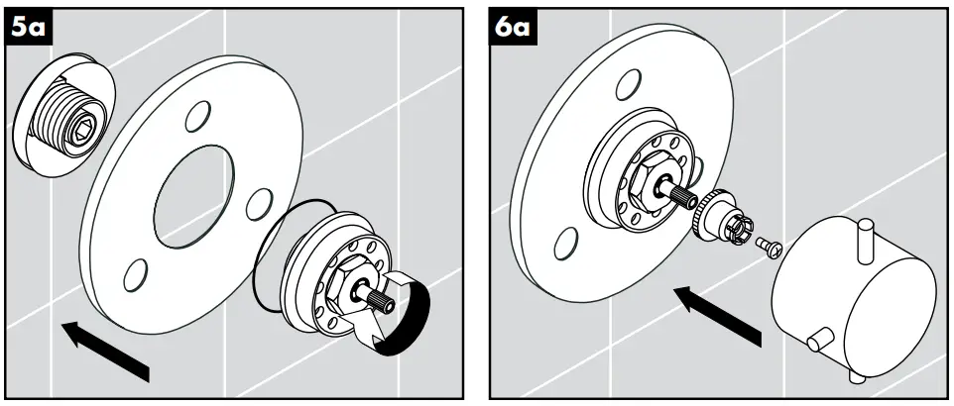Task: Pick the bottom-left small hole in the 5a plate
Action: tap(139, 274)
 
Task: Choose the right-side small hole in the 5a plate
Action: tap(259, 203)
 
